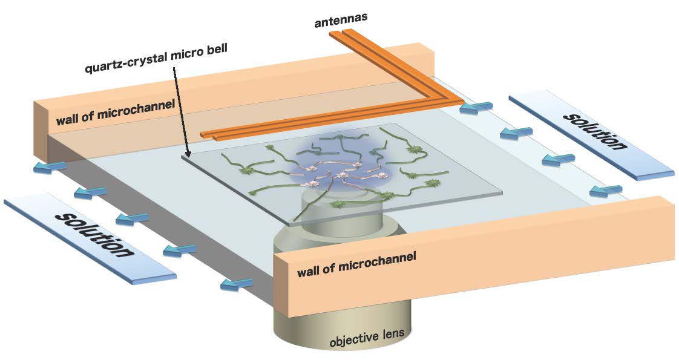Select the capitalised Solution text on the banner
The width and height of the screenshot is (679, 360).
coord(593,131)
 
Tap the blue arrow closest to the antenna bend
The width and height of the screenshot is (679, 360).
coord(476,108)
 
